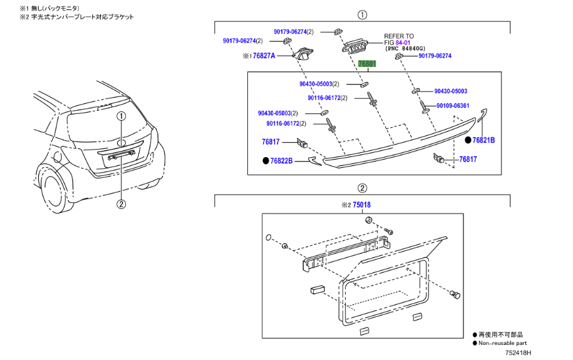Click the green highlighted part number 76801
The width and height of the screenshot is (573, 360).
point(366,64)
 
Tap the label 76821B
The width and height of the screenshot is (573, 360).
point(483,141)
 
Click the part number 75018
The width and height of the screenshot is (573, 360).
point(361,205)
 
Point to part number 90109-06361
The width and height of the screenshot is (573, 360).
point(453,106)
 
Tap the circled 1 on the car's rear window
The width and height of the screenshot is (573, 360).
point(121,116)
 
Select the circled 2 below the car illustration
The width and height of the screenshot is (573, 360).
point(121,203)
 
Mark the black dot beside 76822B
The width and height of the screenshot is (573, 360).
point(266,161)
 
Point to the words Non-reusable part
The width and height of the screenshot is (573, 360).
point(503,343)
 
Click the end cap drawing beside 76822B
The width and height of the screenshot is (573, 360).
point(314,162)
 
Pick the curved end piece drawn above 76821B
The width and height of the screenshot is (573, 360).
point(483,115)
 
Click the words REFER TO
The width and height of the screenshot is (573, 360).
point(399,36)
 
